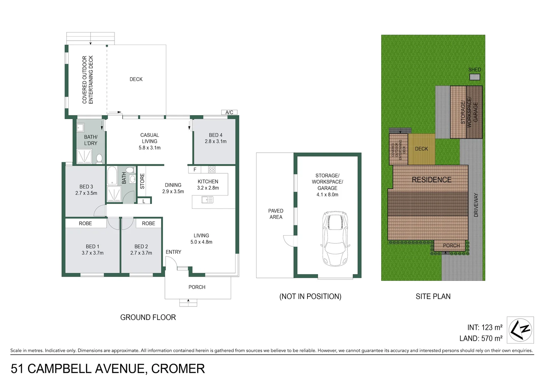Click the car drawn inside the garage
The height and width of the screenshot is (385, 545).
click(x=335, y=238)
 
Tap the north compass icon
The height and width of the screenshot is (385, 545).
click(x=520, y=330)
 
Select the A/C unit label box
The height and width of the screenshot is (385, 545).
click(x=229, y=112)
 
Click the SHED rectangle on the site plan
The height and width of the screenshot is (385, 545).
click(x=474, y=77)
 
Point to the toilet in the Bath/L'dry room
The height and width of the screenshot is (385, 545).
click(x=99, y=158)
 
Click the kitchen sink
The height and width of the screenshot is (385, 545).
click(x=207, y=200)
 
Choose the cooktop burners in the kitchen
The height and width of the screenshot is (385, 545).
click(x=212, y=170)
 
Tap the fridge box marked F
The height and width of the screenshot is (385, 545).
click(x=195, y=170)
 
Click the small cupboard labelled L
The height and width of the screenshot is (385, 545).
click(x=144, y=201)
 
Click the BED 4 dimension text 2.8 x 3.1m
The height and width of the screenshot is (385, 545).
click(x=215, y=142)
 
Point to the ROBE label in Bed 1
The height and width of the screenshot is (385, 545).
click(x=85, y=224)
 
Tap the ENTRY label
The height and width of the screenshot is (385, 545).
click(x=173, y=252)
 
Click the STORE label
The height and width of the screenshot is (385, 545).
click(x=142, y=181)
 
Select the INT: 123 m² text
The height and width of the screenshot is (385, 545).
click(x=484, y=327)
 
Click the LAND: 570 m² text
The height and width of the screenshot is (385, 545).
click(x=481, y=338)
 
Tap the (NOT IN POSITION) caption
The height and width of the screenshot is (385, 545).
click(x=310, y=297)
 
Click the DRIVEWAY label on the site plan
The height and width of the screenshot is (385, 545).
click(x=476, y=205)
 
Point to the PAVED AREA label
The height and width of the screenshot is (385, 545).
click(x=276, y=214)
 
